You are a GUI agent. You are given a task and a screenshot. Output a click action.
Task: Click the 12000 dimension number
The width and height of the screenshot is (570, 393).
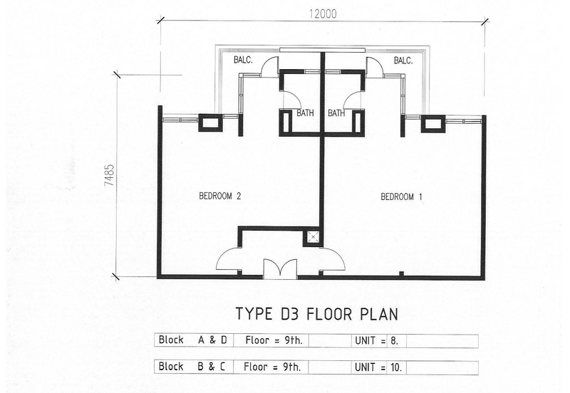323,14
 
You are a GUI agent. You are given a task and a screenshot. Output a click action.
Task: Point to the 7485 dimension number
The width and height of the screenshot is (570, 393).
110,175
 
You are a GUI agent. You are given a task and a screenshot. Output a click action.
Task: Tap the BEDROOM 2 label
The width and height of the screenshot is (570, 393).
220,196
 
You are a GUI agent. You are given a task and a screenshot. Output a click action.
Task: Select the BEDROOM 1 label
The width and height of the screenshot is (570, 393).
401,197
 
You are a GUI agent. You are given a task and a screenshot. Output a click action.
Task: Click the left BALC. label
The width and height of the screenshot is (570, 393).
243,60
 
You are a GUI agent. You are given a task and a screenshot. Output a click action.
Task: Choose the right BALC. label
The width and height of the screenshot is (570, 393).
403,61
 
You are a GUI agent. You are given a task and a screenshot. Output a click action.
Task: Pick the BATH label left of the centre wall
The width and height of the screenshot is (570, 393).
305,113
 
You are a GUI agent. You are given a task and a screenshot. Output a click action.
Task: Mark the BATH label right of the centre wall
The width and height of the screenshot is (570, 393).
336,113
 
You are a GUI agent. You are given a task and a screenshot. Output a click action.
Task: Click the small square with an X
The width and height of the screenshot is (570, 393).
313,237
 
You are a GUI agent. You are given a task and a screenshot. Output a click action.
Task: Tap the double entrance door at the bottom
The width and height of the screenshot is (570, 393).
280,269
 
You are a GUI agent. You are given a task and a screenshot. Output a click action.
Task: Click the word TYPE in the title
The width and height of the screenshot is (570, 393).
254,314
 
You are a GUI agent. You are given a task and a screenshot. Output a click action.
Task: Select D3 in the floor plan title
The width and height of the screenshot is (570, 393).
289,314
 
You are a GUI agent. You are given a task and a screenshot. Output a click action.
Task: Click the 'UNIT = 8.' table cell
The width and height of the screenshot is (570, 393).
378,341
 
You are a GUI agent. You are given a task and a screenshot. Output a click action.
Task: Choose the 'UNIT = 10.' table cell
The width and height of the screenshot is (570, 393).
378,367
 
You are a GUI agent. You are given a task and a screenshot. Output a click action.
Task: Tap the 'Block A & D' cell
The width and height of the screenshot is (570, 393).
193,340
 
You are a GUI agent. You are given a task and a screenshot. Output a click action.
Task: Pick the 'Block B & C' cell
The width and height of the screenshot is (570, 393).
193,367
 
